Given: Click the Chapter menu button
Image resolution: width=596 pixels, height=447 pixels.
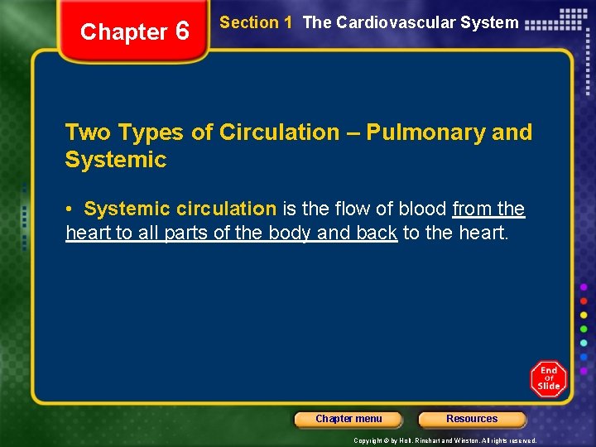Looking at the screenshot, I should click(x=348, y=419).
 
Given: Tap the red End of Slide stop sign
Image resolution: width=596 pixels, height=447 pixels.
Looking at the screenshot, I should click(x=549, y=378).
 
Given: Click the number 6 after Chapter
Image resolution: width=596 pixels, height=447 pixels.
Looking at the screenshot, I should click(x=182, y=32).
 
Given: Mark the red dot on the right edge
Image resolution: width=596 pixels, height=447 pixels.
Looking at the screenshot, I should click(x=584, y=300).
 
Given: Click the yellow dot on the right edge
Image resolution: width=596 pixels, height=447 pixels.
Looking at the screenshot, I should click(x=584, y=315).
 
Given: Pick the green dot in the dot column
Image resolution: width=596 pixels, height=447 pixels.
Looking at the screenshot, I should click(x=584, y=329).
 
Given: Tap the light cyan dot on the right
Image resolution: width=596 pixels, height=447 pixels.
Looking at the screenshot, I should click(x=584, y=343).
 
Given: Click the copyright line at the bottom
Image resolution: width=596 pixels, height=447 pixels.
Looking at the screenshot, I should click(x=445, y=440).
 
